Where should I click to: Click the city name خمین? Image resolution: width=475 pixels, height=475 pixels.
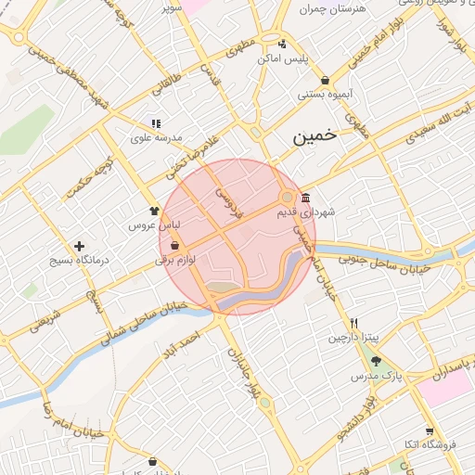pos(315,137)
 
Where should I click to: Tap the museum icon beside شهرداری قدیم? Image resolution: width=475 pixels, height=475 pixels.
pos(306,198)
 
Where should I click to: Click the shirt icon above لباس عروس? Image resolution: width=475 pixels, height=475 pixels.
pos(154,211)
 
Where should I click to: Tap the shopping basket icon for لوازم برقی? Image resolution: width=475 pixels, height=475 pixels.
pos(174,247)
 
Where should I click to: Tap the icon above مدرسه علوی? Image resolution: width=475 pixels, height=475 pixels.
pos(155,123)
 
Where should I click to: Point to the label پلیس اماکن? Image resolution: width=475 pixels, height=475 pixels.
pos(282,58)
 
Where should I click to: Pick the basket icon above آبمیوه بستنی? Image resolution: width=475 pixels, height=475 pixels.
pos(324,80)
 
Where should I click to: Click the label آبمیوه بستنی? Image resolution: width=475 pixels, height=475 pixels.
pos(323,94)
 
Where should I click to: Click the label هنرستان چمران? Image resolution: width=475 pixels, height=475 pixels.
pos(334,8)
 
